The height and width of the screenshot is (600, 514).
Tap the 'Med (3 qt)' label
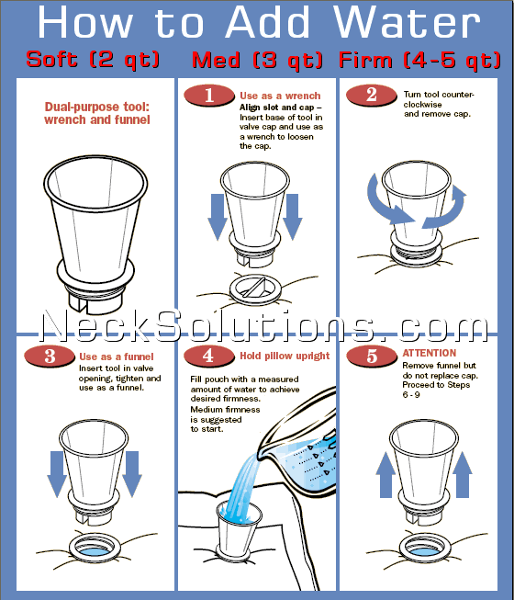(x=257, y=60)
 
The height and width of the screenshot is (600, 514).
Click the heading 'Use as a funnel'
(x=117, y=357)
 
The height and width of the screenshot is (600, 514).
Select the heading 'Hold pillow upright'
(x=284, y=357)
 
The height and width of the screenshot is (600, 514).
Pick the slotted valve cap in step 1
(x=256, y=288)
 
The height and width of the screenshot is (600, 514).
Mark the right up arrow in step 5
(x=463, y=473)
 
